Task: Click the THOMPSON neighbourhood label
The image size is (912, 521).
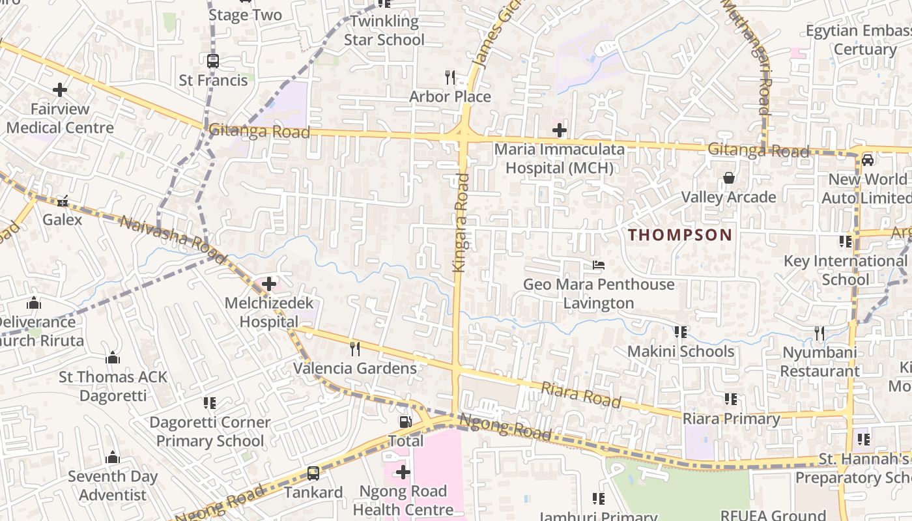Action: point(680,235)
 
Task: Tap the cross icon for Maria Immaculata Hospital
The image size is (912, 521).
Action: point(559,130)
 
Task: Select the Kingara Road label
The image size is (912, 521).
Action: point(461,222)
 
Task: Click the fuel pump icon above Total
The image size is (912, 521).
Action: point(405,422)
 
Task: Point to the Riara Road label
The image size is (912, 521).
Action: point(581,395)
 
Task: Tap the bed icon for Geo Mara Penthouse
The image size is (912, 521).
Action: point(599,265)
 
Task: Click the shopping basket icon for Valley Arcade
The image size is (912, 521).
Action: point(728,178)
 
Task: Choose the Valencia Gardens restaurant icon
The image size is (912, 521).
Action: point(354,349)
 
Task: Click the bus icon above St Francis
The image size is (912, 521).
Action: point(213,61)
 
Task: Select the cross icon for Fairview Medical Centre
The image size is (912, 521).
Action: point(60,89)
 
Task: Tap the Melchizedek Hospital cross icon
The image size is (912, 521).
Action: point(268,284)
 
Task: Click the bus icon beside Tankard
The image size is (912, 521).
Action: point(313,473)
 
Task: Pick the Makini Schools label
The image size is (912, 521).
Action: point(681,352)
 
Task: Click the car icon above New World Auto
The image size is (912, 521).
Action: point(868,160)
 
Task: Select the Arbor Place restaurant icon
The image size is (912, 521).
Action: point(449,77)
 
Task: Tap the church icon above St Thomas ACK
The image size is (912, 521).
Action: point(113,358)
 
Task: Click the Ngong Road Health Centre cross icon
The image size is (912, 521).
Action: point(403,472)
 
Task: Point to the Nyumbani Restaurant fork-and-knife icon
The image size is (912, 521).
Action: point(819,333)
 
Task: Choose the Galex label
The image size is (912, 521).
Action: point(63,219)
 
